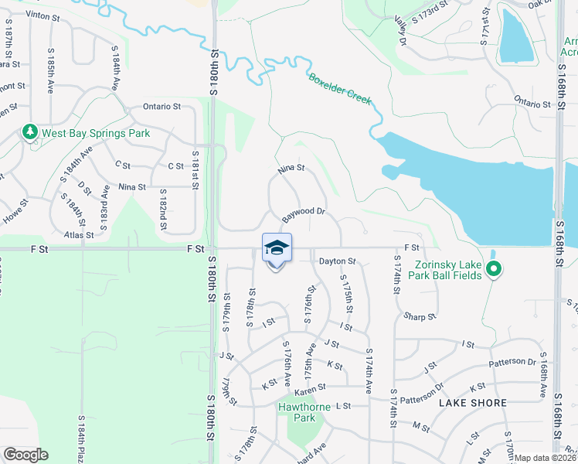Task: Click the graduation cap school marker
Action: [x=277, y=247]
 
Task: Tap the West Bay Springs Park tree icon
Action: [x=30, y=133]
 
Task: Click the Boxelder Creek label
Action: [x=340, y=89]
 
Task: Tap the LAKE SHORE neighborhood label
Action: [x=473, y=403]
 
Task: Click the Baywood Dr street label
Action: [x=303, y=210]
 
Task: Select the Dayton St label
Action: [x=336, y=262]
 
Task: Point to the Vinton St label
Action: [x=42, y=15]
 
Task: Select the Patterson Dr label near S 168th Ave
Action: [x=512, y=362]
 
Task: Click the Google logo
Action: [x=25, y=455]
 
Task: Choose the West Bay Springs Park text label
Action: [x=96, y=133]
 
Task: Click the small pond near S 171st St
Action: [x=513, y=36]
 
